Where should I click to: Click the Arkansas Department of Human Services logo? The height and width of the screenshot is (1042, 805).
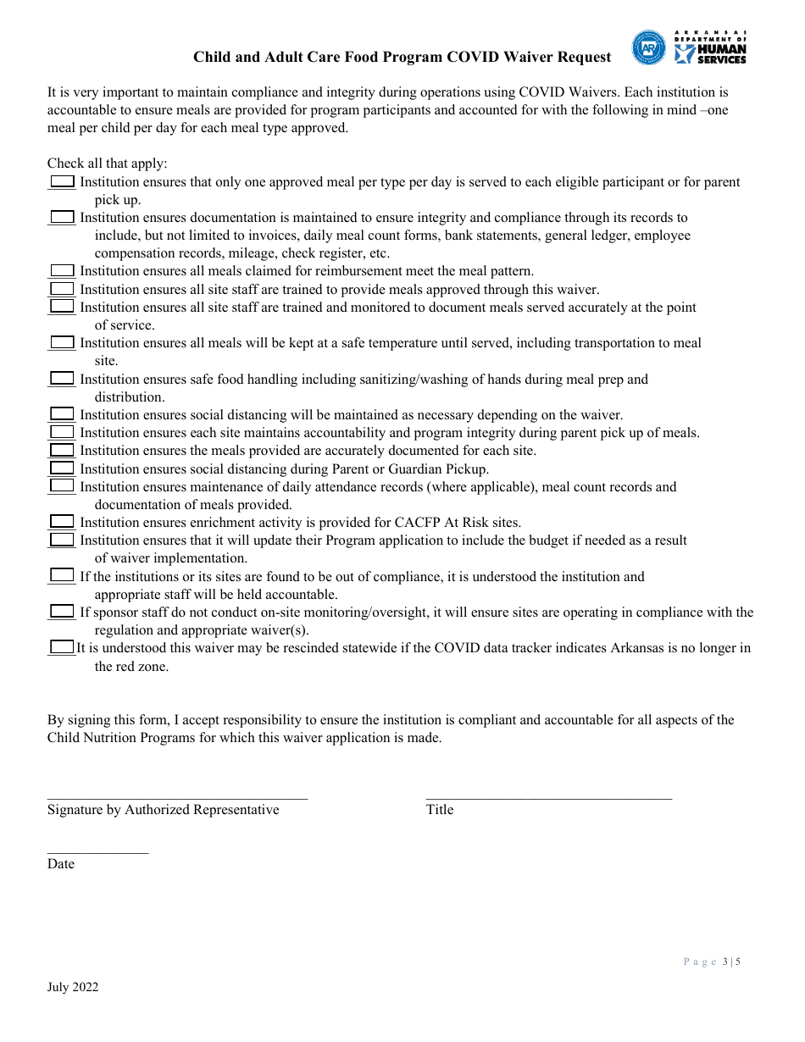tap(690, 48)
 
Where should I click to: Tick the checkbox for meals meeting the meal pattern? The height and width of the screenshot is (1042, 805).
tap(62, 271)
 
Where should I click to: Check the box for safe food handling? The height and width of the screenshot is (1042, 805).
tap(62, 379)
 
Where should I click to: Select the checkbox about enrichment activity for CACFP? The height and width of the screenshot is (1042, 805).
tap(62, 522)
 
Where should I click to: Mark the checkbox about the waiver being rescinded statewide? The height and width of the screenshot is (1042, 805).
tap(62, 647)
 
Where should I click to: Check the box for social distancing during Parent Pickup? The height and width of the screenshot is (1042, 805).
tap(62, 468)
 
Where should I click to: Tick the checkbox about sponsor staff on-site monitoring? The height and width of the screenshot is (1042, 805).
tap(62, 612)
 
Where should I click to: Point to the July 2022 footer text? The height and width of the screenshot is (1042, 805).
tap(73, 987)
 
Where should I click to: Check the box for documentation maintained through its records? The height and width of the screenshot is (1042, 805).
tap(62, 218)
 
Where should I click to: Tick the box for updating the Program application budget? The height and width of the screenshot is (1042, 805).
tap(62, 540)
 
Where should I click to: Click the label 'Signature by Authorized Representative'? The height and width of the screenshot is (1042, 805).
tap(163, 810)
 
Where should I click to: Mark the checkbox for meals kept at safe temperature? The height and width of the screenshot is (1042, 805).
tap(62, 343)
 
